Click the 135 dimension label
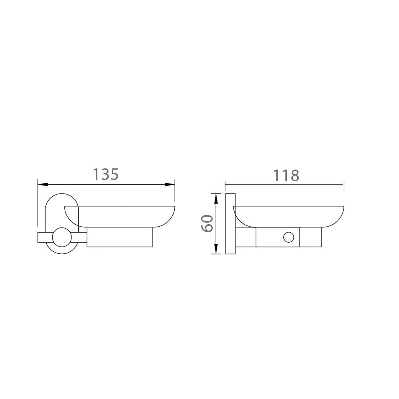point(106,174)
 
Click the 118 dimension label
point(286,175)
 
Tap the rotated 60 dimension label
point(207,223)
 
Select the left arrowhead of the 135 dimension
point(43,184)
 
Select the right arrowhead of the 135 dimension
point(170,184)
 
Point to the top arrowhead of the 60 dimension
point(216,198)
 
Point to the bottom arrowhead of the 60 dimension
point(216,249)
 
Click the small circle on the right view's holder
point(288,237)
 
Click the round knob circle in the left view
point(61,237)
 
